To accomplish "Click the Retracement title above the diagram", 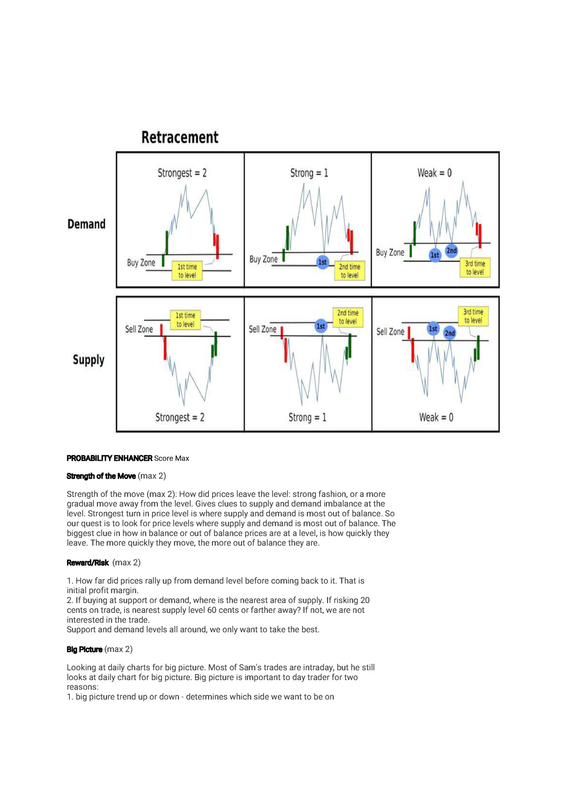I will click(x=180, y=137).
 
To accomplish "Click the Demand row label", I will click(x=87, y=224).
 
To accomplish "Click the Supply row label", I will click(x=89, y=360).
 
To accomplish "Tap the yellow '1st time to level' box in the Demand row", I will click(x=187, y=271).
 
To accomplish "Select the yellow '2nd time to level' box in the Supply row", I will click(x=348, y=317).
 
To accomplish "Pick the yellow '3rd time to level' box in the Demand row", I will click(x=475, y=268).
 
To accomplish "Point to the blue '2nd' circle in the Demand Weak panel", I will click(x=451, y=250).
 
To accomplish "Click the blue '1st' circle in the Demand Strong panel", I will click(x=322, y=262).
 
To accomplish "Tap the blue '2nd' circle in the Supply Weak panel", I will click(x=450, y=333).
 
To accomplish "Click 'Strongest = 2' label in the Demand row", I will click(x=182, y=173).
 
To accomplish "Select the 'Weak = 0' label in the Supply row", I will click(x=436, y=417).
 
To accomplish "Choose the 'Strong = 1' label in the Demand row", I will click(x=309, y=173).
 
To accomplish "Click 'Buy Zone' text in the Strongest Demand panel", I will click(x=141, y=263).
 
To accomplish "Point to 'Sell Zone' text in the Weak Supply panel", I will click(x=390, y=332).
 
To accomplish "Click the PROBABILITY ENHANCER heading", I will click(x=109, y=458).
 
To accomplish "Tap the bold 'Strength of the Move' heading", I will click(x=101, y=476).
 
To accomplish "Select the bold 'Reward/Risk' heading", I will click(x=87, y=562).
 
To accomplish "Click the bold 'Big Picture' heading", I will click(x=84, y=649).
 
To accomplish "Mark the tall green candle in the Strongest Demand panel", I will click(x=167, y=243).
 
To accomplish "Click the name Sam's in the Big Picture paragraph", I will click(x=250, y=668).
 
